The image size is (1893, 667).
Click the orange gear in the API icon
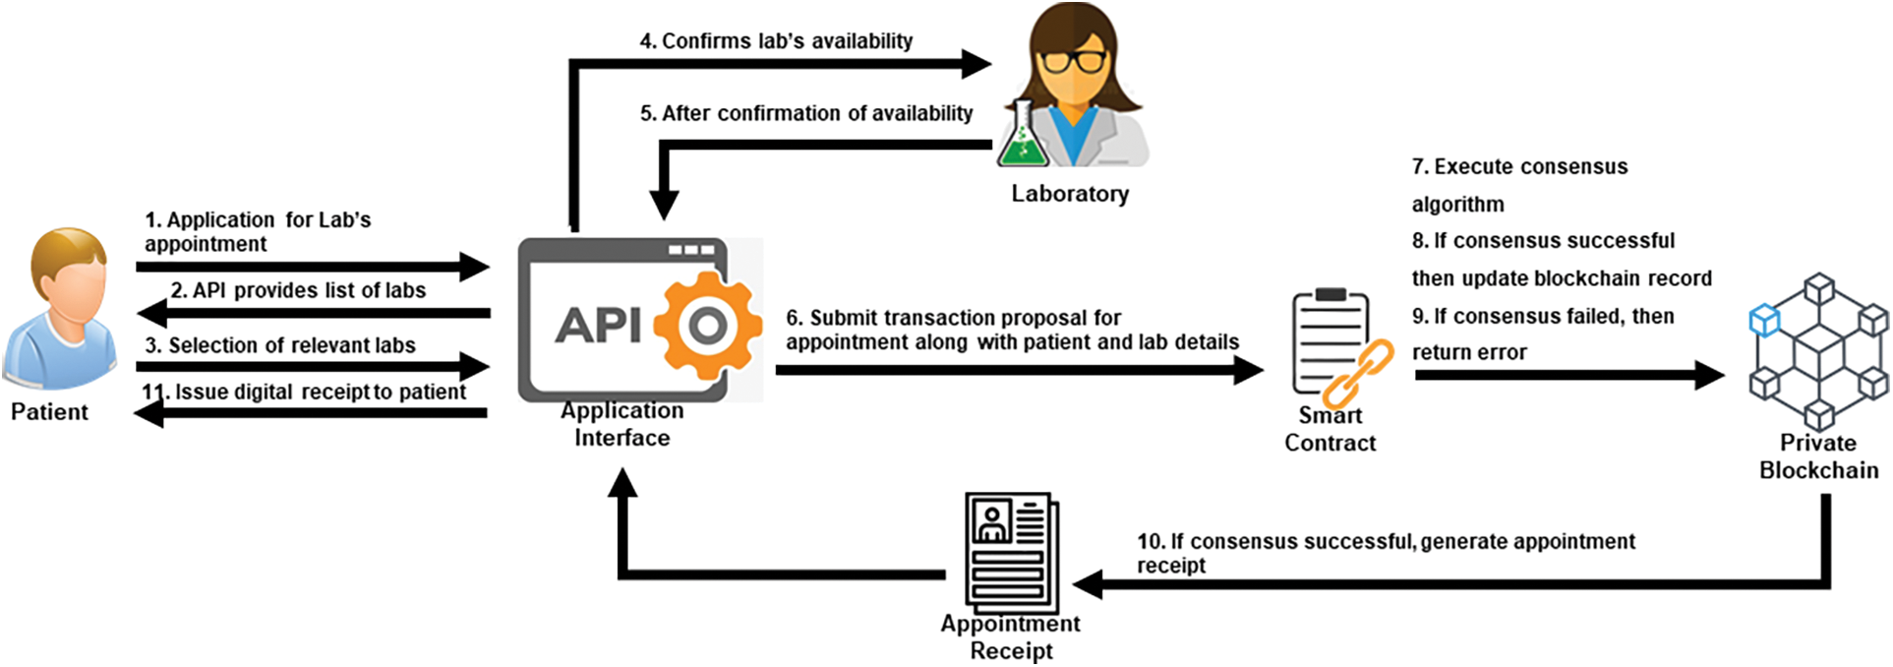pyautogui.click(x=707, y=326)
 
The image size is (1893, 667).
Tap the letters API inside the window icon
pyautogui.click(x=598, y=325)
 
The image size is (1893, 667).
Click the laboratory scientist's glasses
pyautogui.click(x=1072, y=61)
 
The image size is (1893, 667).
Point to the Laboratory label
pyautogui.click(x=1070, y=194)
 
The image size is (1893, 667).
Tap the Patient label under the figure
pyautogui.click(x=49, y=412)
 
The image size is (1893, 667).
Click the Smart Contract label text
pyautogui.click(x=1330, y=430)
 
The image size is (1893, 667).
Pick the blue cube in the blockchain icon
pyautogui.click(x=1764, y=321)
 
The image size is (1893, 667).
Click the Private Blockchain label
pyautogui.click(x=1818, y=456)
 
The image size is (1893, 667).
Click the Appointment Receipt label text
pyautogui.click(x=1010, y=637)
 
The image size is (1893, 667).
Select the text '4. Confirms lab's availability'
pyautogui.click(x=776, y=41)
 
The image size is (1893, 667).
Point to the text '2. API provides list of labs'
pyautogui.click(x=298, y=291)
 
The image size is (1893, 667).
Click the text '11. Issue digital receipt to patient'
pyautogui.click(x=304, y=393)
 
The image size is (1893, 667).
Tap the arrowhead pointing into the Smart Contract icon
pyautogui.click(x=1249, y=370)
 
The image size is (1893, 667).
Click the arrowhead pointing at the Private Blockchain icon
pyautogui.click(x=1709, y=375)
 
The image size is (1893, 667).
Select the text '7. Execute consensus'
pyautogui.click(x=1519, y=167)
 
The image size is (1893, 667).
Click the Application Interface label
pyautogui.click(x=622, y=424)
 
